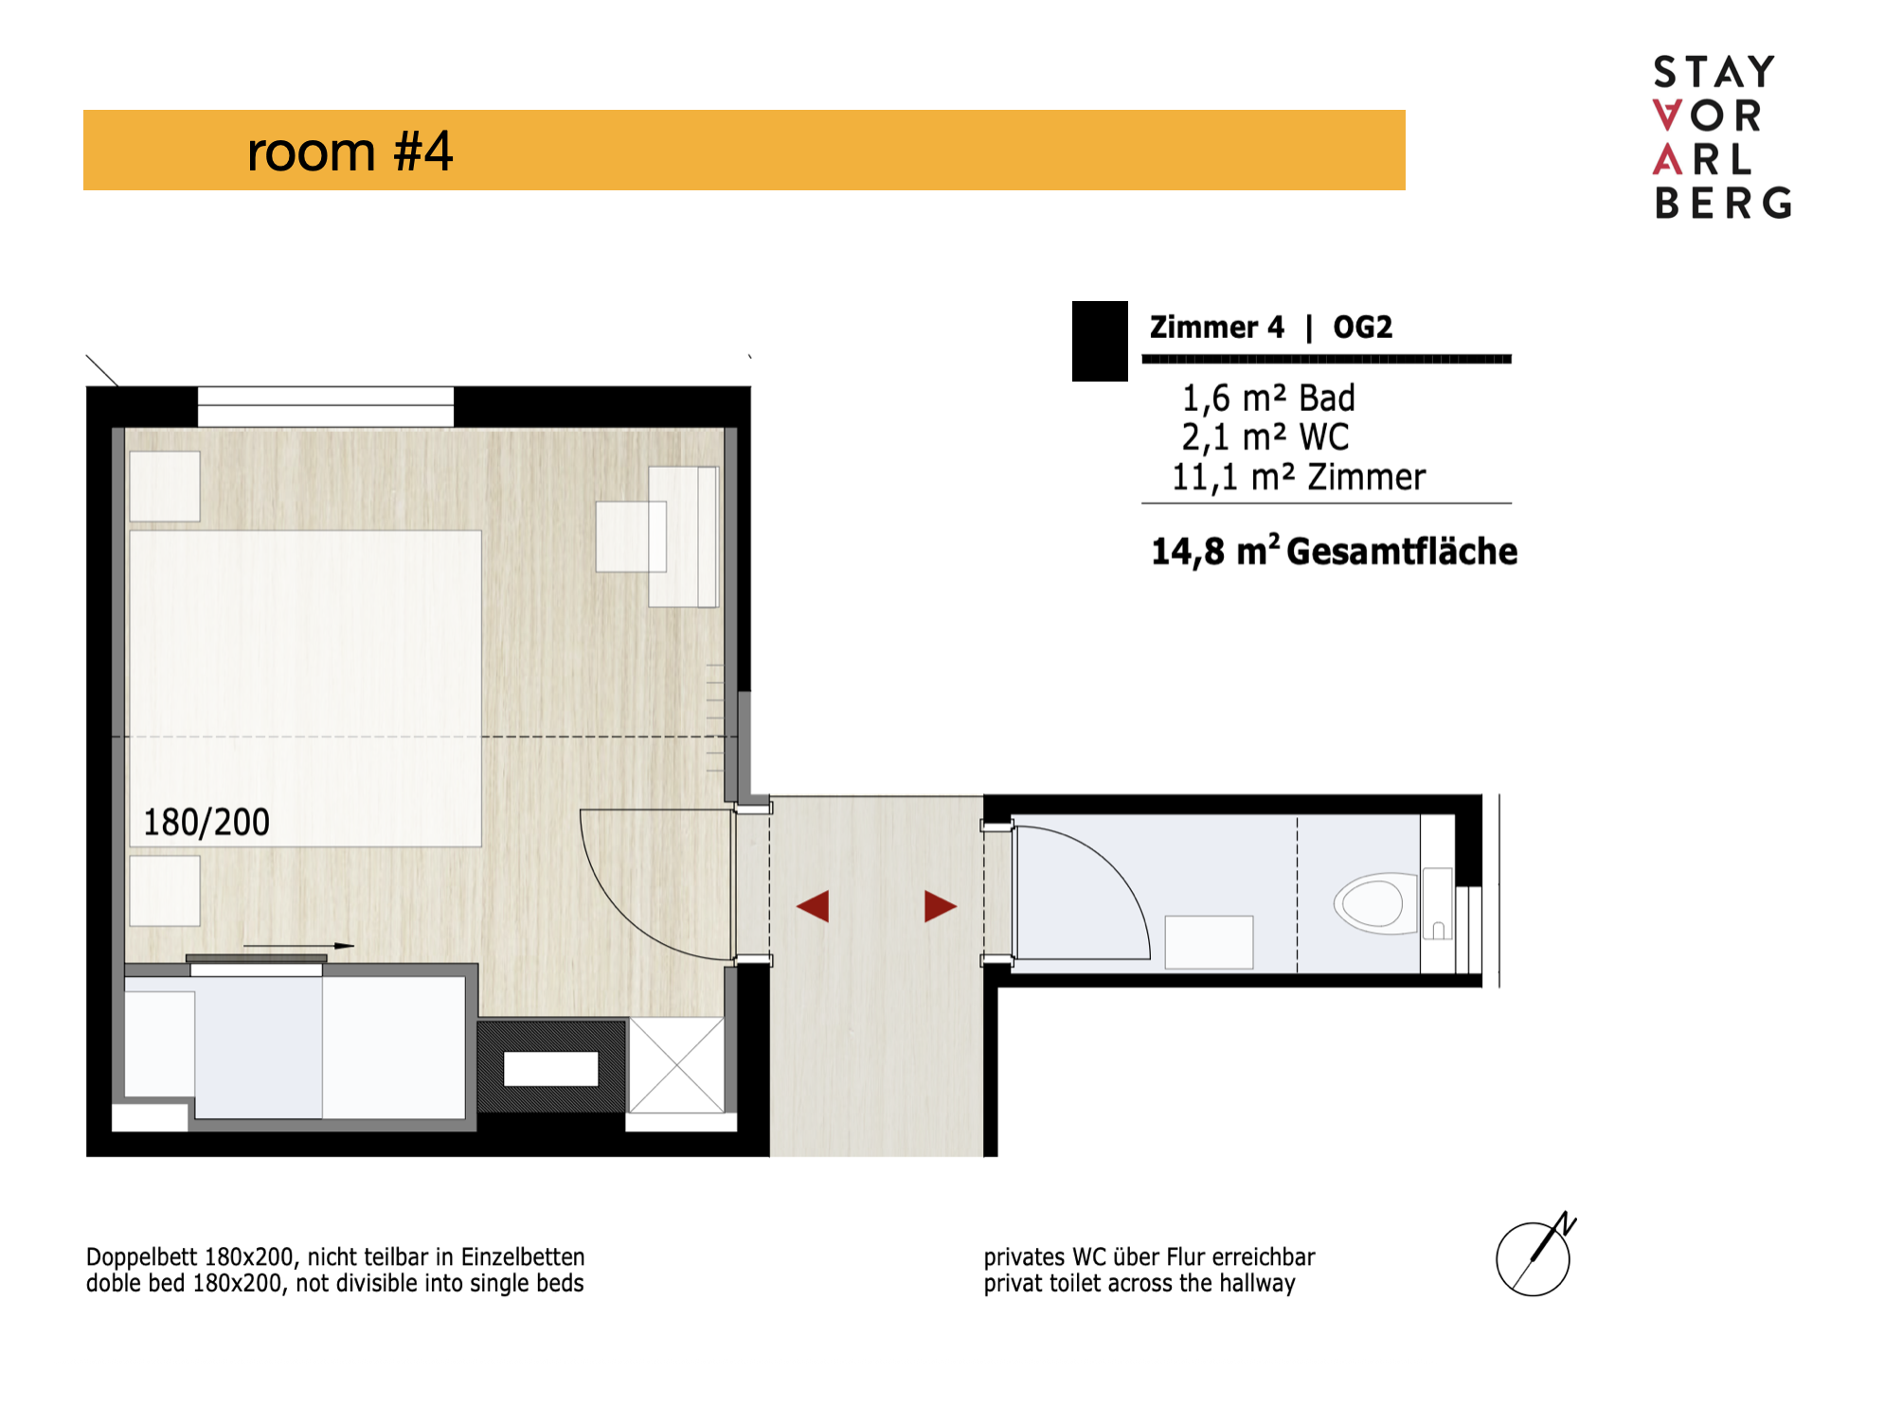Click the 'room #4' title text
(x=350, y=151)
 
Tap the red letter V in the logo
(x=1667, y=116)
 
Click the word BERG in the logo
(x=1723, y=203)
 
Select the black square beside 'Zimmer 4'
(x=1100, y=341)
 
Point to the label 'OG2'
(x=1362, y=328)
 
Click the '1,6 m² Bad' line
(x=1268, y=398)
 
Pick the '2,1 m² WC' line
(x=1265, y=437)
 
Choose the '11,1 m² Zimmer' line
(x=1299, y=477)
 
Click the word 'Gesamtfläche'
(x=1402, y=552)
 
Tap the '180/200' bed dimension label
(x=206, y=822)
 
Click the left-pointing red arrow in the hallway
(x=813, y=906)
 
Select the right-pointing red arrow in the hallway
(x=941, y=906)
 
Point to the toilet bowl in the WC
(x=1373, y=903)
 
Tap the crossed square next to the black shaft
(x=676, y=1065)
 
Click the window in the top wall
(x=326, y=406)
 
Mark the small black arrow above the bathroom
(x=298, y=945)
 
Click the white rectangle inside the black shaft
(x=550, y=1069)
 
